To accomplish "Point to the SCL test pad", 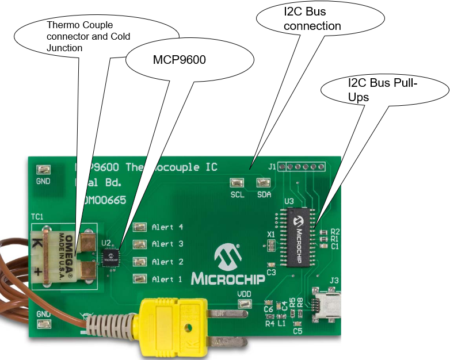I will [236, 183].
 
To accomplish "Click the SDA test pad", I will [264, 183].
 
